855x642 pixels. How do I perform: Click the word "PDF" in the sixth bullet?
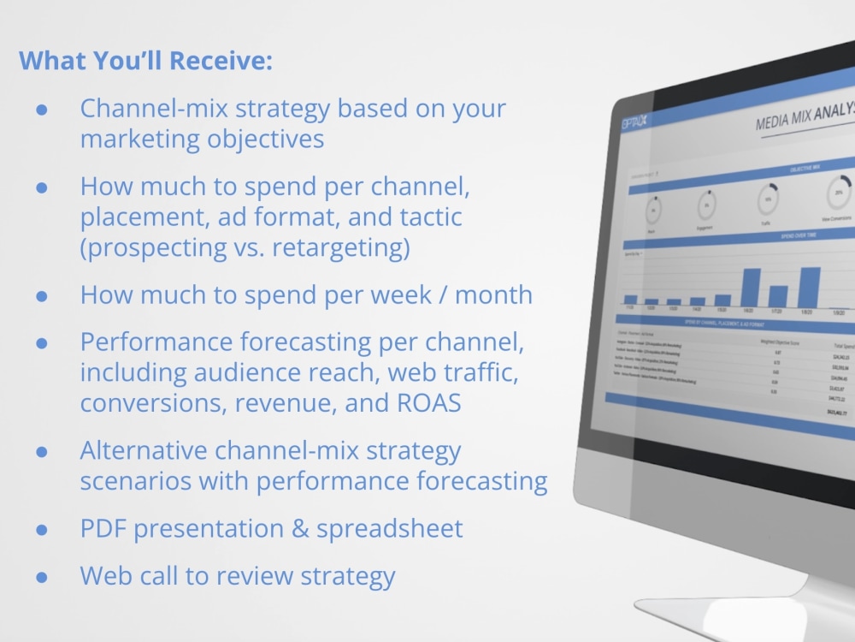(x=103, y=528)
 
